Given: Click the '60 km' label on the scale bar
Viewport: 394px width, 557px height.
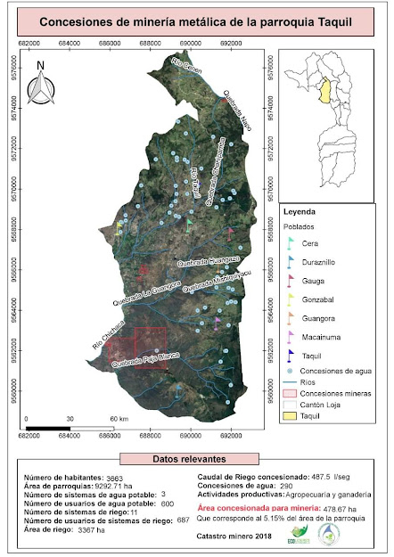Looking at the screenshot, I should coord(119,418).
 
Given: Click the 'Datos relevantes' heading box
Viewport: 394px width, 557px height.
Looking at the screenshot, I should coord(197,457).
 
